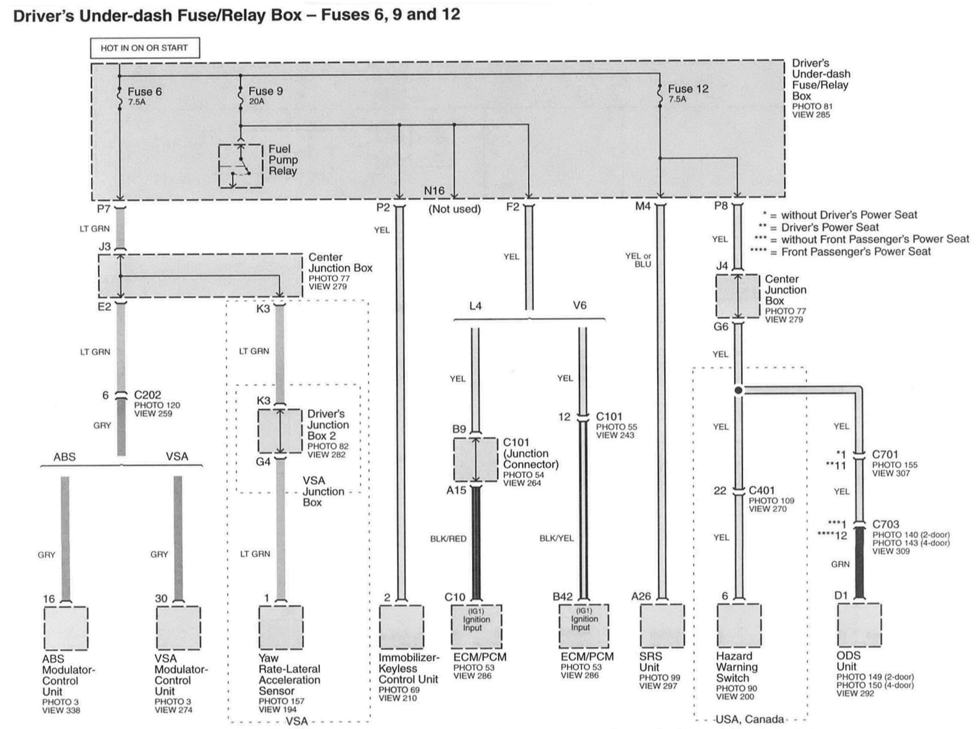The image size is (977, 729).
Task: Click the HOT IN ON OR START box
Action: [144, 48]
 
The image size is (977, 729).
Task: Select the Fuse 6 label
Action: [144, 92]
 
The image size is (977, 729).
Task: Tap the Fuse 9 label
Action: [265, 91]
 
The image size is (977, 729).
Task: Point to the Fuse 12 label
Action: [688, 89]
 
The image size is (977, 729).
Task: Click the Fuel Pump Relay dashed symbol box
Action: [241, 166]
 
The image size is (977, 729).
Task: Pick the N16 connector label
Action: [434, 191]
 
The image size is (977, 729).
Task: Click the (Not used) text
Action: [454, 209]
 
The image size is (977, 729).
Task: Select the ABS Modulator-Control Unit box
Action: [66, 628]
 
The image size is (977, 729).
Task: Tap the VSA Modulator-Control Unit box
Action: [178, 628]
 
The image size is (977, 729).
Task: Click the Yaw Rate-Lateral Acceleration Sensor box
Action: [281, 627]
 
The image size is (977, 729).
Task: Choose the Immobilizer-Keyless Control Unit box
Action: [401, 626]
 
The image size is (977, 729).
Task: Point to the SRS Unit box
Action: [662, 626]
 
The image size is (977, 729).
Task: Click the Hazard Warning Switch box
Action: [738, 626]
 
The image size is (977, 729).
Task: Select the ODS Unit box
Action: [859, 625]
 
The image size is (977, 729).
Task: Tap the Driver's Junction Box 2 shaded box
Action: [280, 431]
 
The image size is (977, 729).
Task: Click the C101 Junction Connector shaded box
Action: [476, 459]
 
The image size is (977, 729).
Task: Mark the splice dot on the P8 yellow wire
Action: [738, 391]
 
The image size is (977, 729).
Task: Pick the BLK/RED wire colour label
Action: [448, 539]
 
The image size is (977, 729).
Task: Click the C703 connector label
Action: [885, 524]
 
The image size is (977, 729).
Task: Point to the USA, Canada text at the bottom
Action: [749, 719]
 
